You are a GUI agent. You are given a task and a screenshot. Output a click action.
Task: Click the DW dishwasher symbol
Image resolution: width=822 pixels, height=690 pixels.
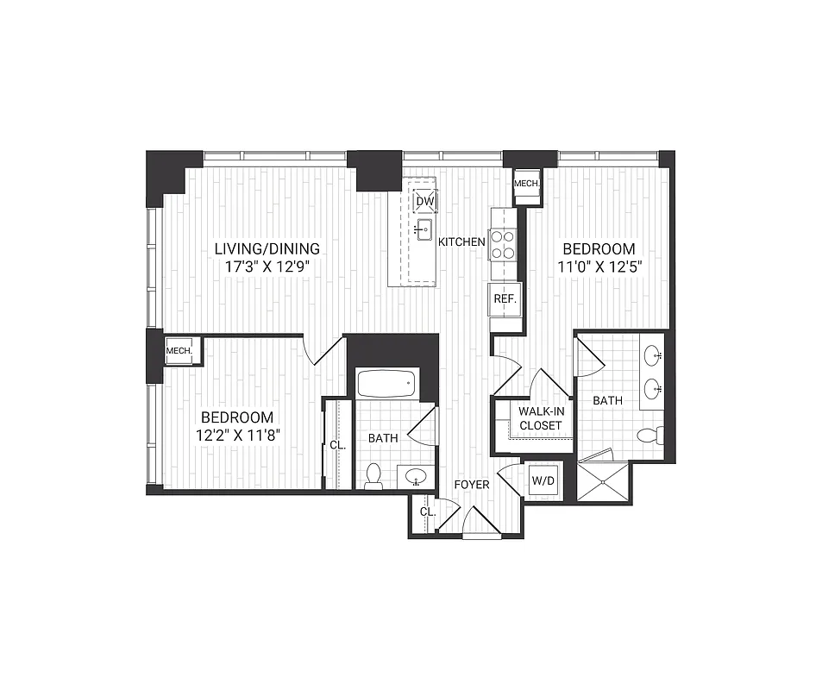(x=424, y=202)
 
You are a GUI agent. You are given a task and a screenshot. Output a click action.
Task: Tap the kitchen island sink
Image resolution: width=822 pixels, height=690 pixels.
(x=424, y=229)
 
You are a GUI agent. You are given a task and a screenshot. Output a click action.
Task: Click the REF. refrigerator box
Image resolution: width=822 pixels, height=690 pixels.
(x=505, y=298)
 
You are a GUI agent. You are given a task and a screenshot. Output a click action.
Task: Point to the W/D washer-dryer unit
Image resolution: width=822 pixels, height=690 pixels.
(x=543, y=480)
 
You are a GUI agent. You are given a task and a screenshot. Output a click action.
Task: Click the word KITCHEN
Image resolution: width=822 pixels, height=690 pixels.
(x=461, y=242)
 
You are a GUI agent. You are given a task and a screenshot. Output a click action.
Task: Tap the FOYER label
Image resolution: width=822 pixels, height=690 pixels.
(x=472, y=485)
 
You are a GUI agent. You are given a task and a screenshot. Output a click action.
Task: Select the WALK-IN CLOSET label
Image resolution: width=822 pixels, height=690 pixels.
(x=541, y=418)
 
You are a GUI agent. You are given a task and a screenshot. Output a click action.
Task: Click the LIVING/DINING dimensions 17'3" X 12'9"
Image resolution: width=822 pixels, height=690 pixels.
(x=267, y=267)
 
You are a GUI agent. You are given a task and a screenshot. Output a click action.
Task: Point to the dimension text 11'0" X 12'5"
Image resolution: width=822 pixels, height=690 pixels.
(x=601, y=267)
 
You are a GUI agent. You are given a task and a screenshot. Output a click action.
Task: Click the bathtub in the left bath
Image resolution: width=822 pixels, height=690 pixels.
(x=387, y=384)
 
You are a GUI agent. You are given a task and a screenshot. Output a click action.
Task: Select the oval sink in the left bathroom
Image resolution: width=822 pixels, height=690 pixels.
(x=418, y=477)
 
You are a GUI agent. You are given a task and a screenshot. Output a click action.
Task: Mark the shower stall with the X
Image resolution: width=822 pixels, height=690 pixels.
(x=603, y=480)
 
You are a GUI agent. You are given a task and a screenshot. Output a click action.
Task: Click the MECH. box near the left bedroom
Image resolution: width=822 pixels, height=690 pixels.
(x=179, y=350)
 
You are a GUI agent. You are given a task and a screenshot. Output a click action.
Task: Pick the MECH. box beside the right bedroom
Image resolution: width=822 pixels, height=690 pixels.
(x=526, y=184)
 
